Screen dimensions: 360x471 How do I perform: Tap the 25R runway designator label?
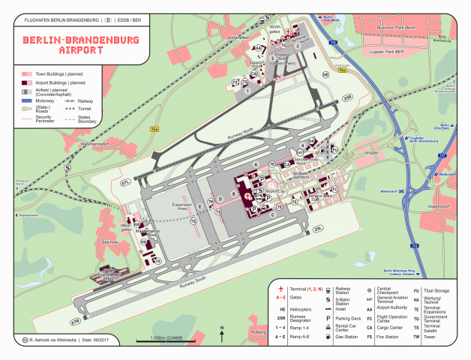[347, 97]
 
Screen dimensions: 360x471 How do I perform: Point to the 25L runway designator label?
[318, 228]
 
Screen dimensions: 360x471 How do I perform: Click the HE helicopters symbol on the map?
[325, 75]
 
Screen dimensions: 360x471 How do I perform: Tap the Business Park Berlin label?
[395, 28]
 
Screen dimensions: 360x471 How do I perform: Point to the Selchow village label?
[110, 242]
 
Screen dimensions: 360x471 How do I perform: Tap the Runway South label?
[193, 281]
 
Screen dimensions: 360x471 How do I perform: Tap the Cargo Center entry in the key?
[391, 327]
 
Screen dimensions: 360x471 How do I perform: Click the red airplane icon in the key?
[280, 288]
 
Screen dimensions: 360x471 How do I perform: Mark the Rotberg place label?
[258, 331]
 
